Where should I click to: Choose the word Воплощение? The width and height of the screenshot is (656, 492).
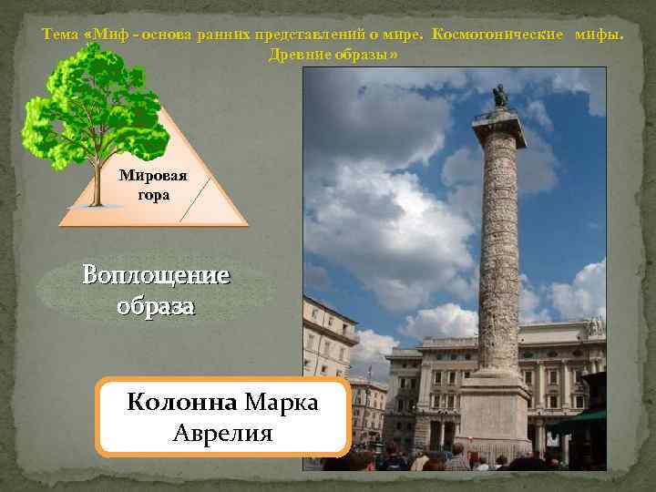tap(156, 274)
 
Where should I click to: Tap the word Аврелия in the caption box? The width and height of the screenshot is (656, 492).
tap(222, 432)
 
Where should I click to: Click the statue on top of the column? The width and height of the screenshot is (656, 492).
tap(499, 96)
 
